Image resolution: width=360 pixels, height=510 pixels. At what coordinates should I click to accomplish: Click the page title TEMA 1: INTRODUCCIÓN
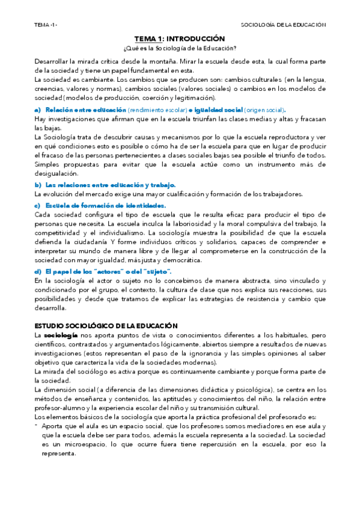click(180, 38)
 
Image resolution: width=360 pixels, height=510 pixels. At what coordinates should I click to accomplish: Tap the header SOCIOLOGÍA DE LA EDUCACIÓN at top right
click(282, 25)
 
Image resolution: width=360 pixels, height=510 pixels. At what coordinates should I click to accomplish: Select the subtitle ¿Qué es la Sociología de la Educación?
click(180, 48)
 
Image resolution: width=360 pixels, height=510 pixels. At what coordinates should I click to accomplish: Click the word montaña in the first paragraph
click(171, 61)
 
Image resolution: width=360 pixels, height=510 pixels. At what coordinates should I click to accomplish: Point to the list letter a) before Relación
click(38, 110)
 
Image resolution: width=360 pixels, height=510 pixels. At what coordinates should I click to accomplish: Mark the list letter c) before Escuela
click(38, 206)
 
